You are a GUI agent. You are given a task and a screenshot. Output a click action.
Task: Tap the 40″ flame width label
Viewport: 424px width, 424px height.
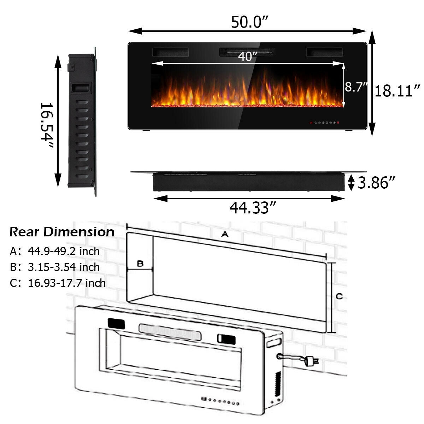click(247, 57)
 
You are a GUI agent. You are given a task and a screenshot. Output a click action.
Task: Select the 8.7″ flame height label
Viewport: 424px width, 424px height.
click(356, 87)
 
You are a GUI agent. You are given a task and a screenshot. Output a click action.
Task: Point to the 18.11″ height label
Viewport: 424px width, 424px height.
click(397, 91)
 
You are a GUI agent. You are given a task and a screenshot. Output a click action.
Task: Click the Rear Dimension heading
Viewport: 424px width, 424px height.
click(62, 232)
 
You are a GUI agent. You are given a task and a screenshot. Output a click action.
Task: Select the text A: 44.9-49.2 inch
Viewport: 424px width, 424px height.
click(55, 251)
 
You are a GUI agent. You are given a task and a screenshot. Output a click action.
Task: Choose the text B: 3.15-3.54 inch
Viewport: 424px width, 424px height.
click(55, 267)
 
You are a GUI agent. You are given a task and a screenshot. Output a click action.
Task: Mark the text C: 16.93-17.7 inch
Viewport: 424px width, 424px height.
click(58, 283)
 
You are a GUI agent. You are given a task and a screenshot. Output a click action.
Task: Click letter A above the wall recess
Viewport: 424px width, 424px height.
click(224, 234)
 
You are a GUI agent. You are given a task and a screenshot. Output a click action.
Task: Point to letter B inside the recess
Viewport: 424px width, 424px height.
click(140, 264)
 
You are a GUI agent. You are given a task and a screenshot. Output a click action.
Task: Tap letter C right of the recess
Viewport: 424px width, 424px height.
click(339, 296)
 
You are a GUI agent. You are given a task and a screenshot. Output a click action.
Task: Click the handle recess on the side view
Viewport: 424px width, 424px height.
click(81, 88)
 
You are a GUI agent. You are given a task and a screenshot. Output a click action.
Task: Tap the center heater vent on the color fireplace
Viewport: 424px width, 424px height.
click(247, 52)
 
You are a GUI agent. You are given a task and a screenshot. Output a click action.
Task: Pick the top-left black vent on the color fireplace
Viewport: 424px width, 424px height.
click(170, 52)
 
